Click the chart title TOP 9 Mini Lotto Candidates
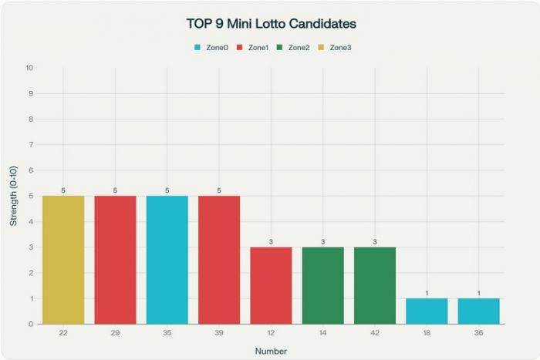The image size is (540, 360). (270, 24)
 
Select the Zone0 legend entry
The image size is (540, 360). (211, 48)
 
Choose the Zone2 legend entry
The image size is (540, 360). (292, 48)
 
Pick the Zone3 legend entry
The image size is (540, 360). (334, 48)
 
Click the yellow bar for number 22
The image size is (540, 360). (63, 260)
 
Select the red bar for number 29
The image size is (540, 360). (115, 260)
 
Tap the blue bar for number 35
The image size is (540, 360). (167, 260)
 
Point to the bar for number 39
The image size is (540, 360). (219, 260)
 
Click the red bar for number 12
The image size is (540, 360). (271, 285)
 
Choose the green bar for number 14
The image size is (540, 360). (323, 285)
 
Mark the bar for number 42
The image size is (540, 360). (375, 285)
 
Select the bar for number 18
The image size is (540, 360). (427, 311)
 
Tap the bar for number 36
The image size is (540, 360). (478, 311)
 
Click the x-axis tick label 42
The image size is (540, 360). (375, 332)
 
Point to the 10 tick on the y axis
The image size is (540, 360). (29, 68)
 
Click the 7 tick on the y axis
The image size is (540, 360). (31, 145)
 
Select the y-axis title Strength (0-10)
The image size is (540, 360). (13, 196)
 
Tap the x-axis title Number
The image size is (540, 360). (271, 351)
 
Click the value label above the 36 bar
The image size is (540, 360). (478, 293)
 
